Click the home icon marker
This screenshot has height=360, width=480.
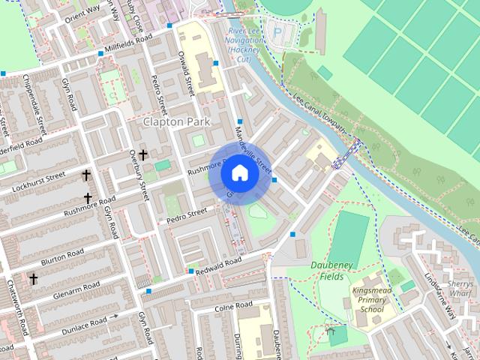pos(239,173)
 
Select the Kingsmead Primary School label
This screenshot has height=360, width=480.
pos(373,299)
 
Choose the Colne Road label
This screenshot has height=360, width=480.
pos(233,306)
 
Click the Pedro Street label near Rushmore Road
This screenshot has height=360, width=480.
pos(186,214)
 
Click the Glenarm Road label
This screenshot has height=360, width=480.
pos(76,292)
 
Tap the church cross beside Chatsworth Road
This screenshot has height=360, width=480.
pos(33,278)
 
